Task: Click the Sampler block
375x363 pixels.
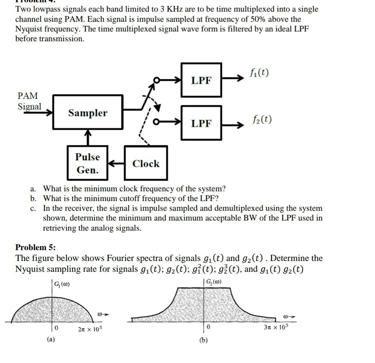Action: pos(88,112)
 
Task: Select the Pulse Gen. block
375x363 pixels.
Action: pos(87,163)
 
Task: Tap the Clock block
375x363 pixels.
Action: pos(145,163)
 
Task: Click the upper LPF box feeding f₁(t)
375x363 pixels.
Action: pos(201,80)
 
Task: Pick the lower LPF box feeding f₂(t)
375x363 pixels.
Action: pos(201,123)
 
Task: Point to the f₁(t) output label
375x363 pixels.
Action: pos(259,73)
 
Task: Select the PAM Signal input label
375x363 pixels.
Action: pos(29,101)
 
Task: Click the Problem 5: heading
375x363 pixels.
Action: pos(35,247)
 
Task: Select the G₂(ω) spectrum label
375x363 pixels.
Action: pos(213,282)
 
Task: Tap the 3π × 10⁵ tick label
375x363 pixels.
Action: pos(275,327)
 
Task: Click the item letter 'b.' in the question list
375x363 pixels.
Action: pos(33,198)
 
